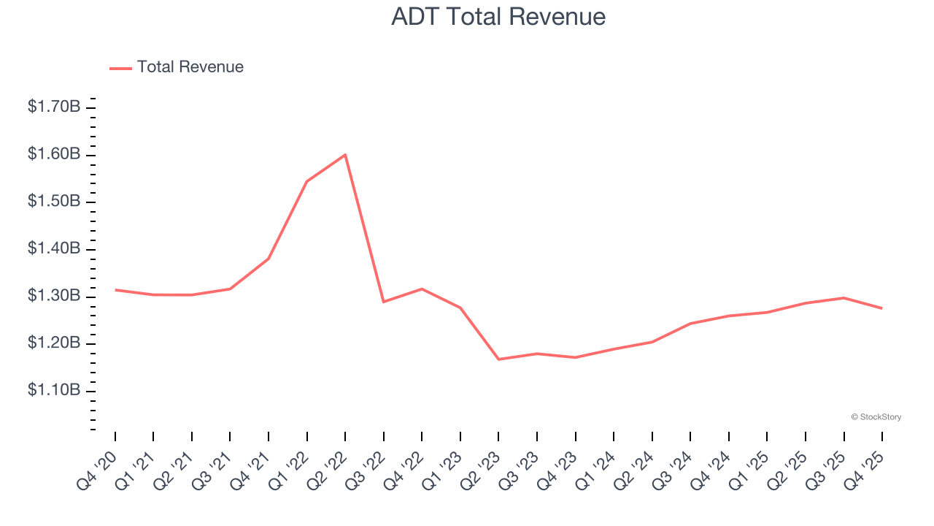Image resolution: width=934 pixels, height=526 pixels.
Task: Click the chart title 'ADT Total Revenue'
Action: click(x=498, y=17)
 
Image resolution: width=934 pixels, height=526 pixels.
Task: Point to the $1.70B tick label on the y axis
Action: click(x=54, y=107)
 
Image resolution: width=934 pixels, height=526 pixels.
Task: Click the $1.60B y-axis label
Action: click(x=54, y=154)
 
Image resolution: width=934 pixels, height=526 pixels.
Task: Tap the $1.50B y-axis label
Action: click(x=54, y=202)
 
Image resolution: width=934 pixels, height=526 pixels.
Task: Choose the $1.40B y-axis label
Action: click(x=54, y=249)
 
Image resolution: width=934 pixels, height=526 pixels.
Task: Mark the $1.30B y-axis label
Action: click(x=54, y=297)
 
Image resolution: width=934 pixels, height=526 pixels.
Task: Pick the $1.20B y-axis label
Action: click(x=54, y=343)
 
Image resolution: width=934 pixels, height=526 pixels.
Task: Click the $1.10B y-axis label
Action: click(x=54, y=391)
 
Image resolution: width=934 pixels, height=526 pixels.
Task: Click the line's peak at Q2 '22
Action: click(x=345, y=155)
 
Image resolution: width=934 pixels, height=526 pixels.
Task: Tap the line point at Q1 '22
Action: click(x=306, y=181)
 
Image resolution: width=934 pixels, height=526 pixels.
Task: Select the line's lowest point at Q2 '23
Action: click(x=498, y=359)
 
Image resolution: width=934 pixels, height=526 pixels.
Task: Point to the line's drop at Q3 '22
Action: click(x=383, y=302)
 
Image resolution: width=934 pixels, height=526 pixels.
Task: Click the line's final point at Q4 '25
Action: click(x=881, y=308)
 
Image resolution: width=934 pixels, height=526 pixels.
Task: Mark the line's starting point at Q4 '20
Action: click(x=115, y=290)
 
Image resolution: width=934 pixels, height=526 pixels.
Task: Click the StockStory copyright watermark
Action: click(x=876, y=417)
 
